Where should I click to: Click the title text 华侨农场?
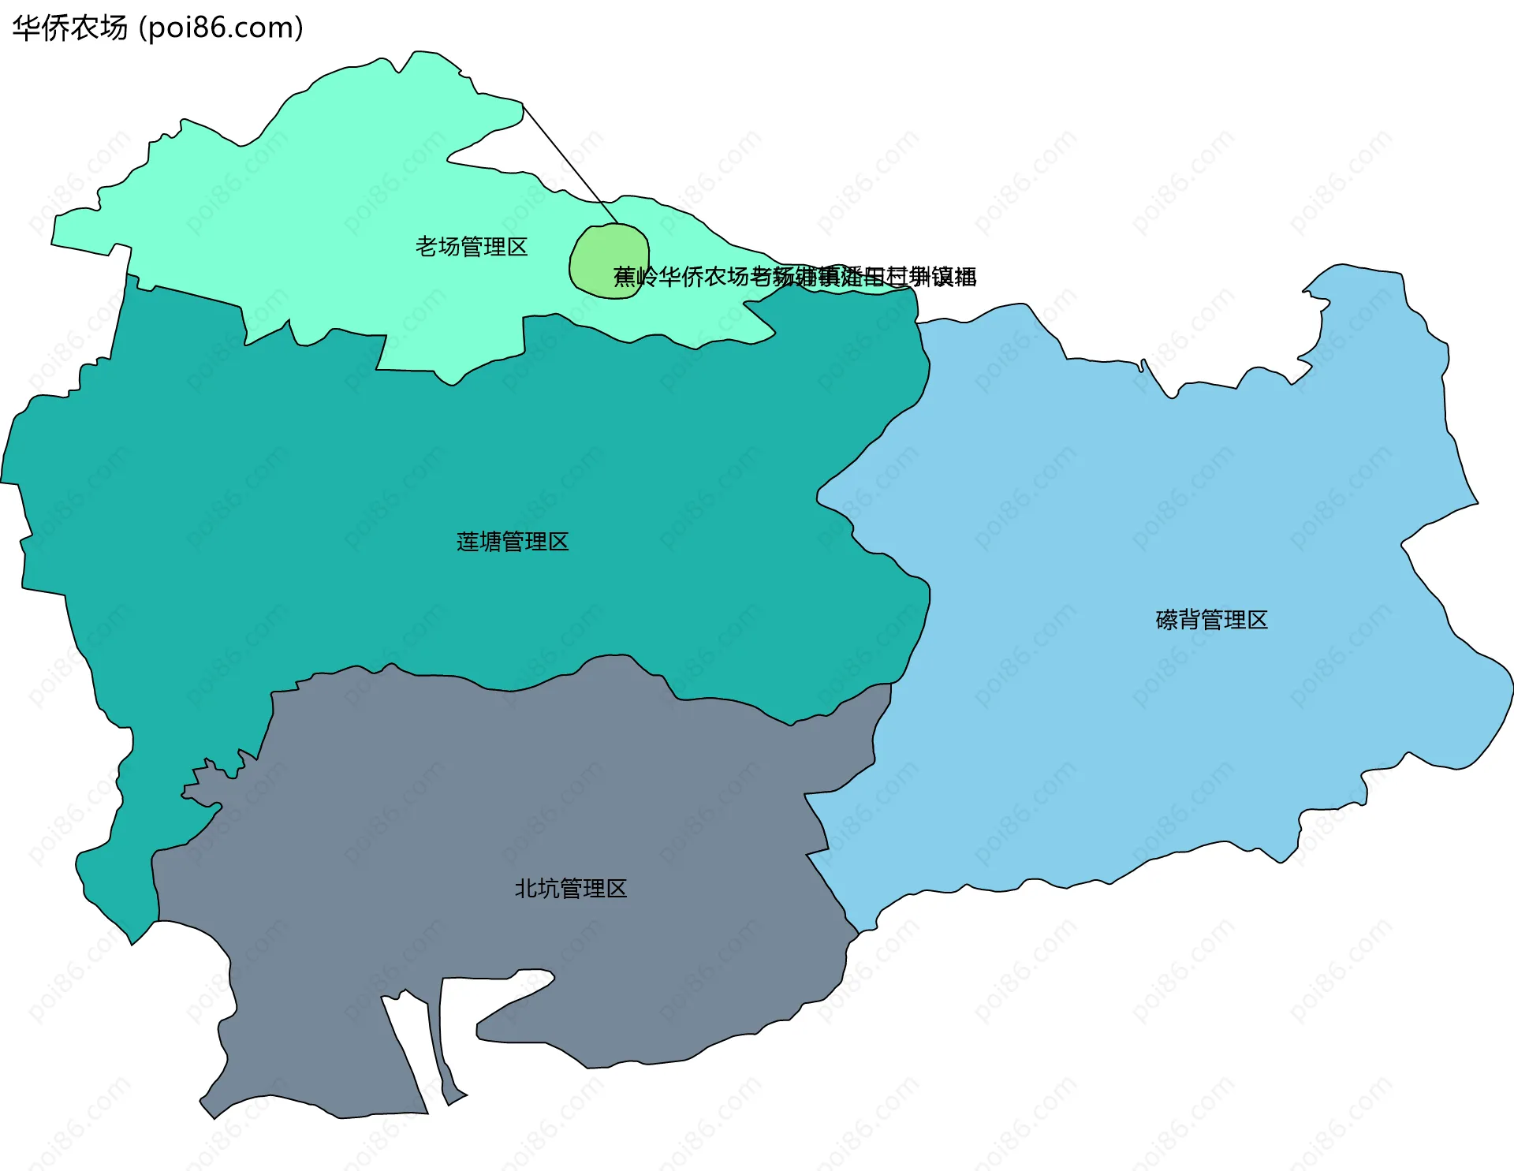pos(69,28)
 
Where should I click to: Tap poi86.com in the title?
pos(221,28)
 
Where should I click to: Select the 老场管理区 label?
pos(472,247)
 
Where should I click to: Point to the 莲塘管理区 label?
pos(513,542)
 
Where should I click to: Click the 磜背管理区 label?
pos(1211,620)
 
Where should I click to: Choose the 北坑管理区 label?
pos(571,889)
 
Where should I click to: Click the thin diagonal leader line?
pos(568,162)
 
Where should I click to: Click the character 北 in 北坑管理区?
pos(525,889)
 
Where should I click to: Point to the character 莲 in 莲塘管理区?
pos(467,542)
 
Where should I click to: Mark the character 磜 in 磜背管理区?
pos(1166,620)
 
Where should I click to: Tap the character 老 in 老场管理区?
pos(426,247)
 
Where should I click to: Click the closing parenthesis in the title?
pos(299,28)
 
